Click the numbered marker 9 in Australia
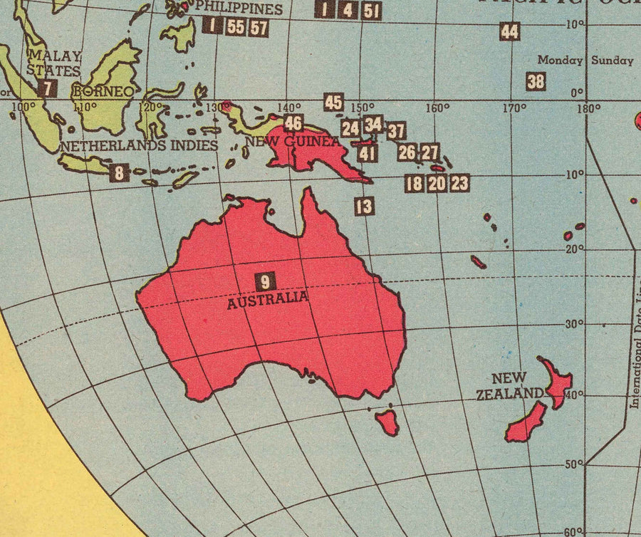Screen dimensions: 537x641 click(265, 281)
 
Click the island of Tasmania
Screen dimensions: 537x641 click(387, 422)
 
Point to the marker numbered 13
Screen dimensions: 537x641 click(364, 207)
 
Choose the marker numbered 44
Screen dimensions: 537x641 click(509, 31)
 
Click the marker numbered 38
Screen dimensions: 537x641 click(536, 81)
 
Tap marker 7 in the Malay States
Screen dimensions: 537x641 click(47, 88)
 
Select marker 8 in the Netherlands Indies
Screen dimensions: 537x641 click(120, 172)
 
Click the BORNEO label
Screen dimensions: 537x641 click(103, 92)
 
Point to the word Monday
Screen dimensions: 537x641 click(560, 61)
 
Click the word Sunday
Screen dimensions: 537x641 click(612, 61)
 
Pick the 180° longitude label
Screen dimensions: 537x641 click(588, 109)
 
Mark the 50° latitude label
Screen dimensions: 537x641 click(573, 464)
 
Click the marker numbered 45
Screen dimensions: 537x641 click(333, 102)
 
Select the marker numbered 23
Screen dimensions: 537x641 click(459, 183)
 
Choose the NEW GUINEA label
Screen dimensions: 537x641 click(293, 142)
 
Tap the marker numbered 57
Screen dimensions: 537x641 click(259, 28)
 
